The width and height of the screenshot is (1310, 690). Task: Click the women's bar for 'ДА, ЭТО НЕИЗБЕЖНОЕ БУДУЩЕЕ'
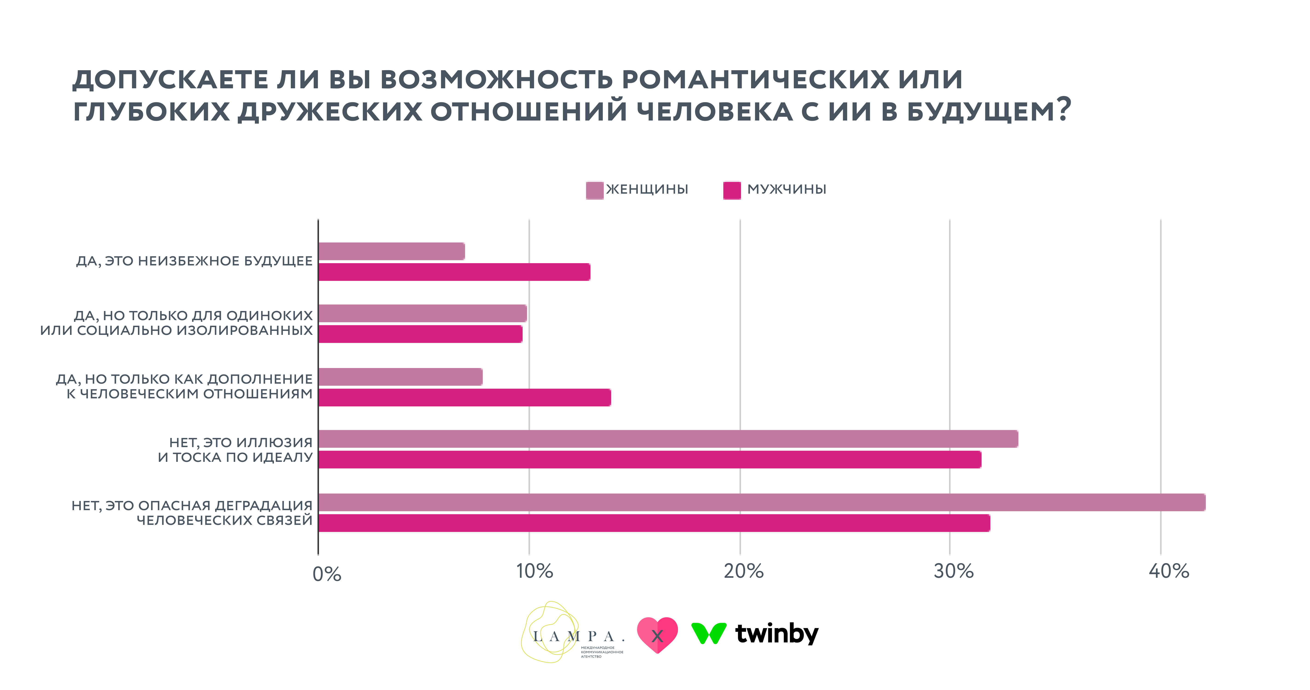392,251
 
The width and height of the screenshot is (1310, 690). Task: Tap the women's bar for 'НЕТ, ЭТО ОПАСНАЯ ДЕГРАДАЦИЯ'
761,502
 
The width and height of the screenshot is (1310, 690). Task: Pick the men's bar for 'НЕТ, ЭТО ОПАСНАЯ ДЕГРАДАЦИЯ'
654,523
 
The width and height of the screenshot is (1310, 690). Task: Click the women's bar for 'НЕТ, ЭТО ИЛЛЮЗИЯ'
668,439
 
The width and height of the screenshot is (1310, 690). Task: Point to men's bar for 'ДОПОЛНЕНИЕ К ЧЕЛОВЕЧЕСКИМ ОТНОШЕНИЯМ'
464,397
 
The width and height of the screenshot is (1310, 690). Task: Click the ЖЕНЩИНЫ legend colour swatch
595,190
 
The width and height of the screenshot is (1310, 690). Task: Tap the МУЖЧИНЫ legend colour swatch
732,190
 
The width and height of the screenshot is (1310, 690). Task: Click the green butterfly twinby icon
708,633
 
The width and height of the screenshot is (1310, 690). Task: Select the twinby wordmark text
777,633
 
